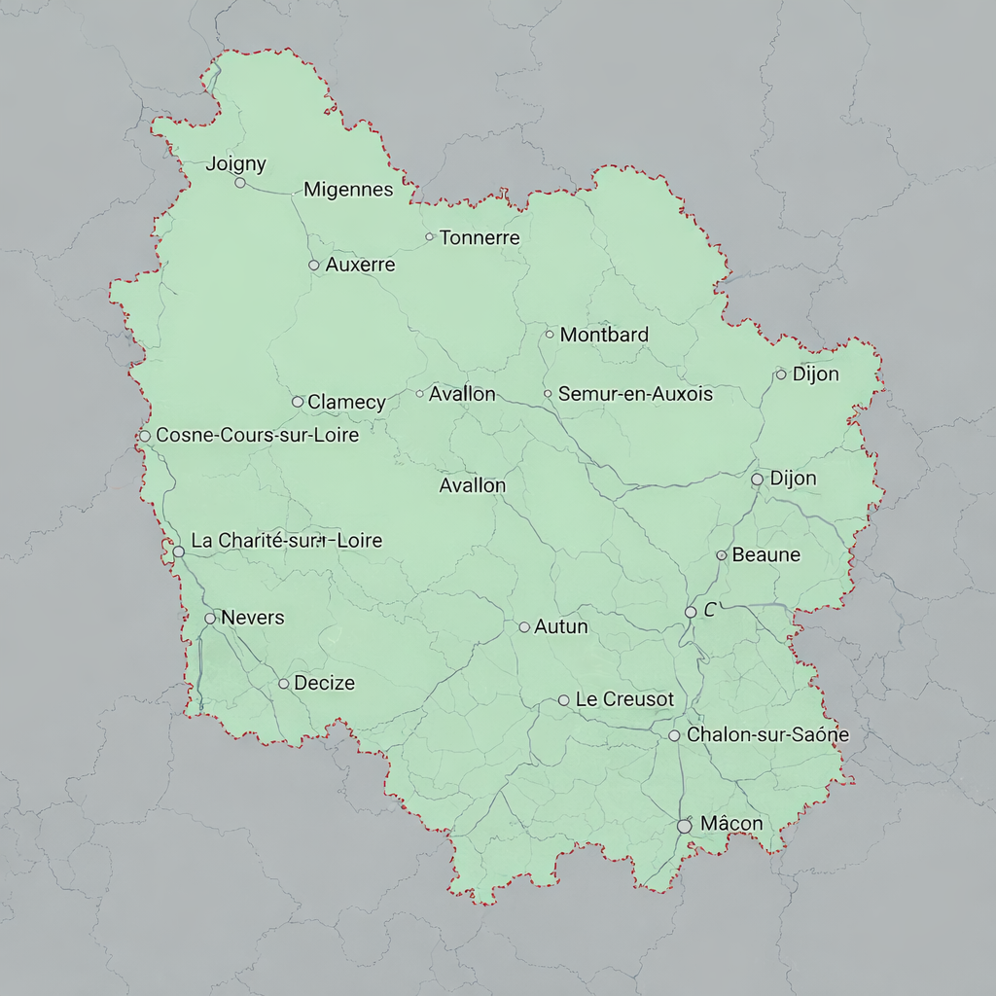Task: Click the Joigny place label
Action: click(235, 164)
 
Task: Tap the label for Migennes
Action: click(348, 190)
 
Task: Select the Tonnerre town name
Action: click(480, 237)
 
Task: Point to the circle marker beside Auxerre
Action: click(313, 265)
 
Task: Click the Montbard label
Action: click(604, 335)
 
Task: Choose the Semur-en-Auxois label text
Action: click(635, 394)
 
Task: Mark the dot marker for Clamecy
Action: click(298, 402)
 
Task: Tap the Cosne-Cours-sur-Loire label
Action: click(258, 435)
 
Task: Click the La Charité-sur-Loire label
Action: click(287, 541)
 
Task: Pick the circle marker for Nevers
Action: click(210, 618)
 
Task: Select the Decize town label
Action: click(324, 683)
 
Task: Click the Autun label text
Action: click(561, 626)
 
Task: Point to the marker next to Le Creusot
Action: click(563, 700)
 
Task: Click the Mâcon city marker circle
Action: click(684, 825)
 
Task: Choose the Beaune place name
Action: click(766, 554)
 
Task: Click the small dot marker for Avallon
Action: click(420, 394)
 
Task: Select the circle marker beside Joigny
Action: click(240, 182)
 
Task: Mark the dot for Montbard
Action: click(550, 334)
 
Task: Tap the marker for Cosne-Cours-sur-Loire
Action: click(145, 436)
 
